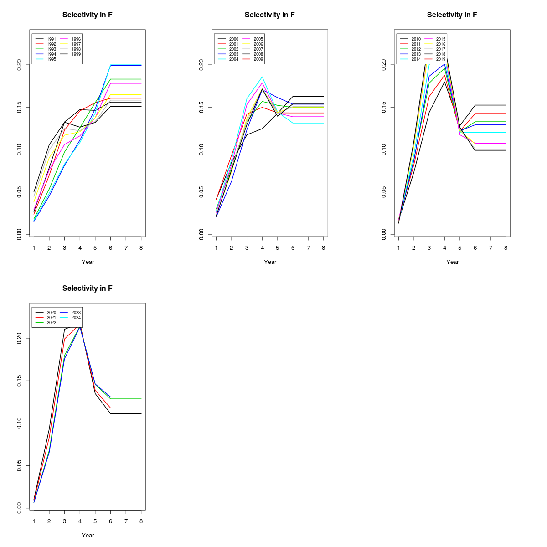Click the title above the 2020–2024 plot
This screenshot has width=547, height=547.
coord(88,289)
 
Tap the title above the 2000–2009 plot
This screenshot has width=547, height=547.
coord(270,15)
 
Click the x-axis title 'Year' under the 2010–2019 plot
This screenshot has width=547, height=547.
coord(452,262)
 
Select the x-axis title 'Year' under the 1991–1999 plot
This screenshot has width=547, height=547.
coord(88,262)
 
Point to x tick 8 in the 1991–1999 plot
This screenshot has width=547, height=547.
coord(141,248)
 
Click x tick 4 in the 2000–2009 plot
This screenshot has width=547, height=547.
coord(262,248)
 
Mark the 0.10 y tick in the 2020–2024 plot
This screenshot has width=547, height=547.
coord(19,423)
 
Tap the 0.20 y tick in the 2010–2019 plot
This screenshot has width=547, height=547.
coord(384,65)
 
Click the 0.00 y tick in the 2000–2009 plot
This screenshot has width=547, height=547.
coord(201,235)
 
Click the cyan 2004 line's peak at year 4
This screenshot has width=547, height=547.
coord(262,77)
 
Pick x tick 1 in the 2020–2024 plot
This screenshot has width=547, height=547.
coord(34,521)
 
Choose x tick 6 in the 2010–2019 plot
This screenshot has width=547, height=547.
coord(475,248)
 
